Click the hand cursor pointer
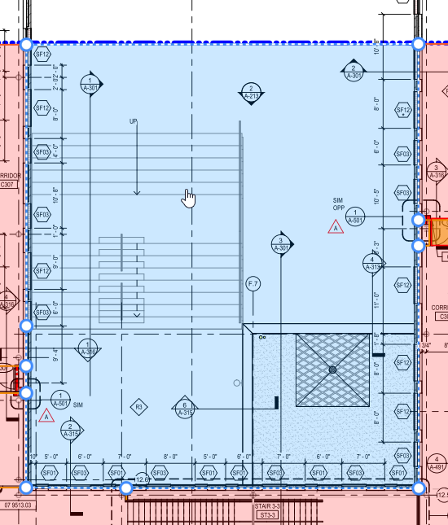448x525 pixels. point(189,198)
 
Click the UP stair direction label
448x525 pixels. point(134,121)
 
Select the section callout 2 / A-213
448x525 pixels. point(251,93)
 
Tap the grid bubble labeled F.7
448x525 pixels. point(253,283)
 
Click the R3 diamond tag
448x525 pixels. point(138,406)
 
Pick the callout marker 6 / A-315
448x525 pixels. point(185,409)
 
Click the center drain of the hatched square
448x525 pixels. point(332,370)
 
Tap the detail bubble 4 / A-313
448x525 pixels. point(373,263)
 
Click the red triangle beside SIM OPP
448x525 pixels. point(336,228)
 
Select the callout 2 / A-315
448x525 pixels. point(72,431)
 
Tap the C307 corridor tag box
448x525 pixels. point(8,185)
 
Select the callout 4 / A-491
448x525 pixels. point(437,463)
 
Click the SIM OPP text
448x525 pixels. point(338,203)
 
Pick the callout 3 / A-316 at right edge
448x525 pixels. point(437,172)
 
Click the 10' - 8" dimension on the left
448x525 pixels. point(55,196)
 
